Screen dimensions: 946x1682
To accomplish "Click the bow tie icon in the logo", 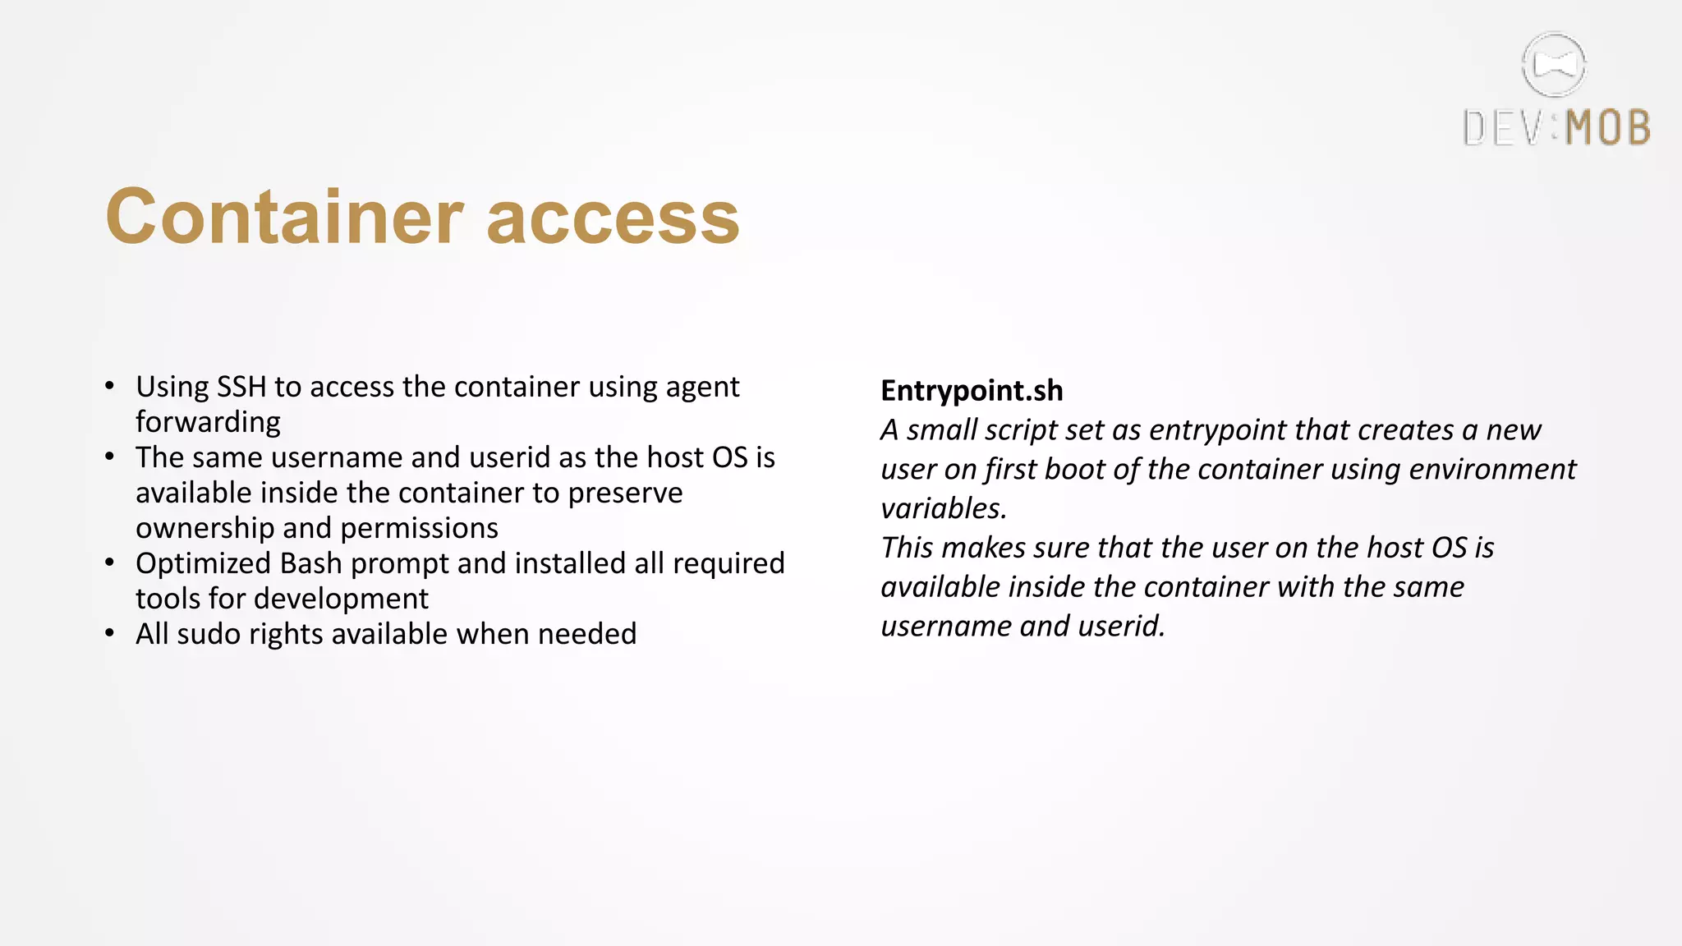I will pos(1554,64).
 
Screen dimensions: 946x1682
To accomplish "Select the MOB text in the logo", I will pos(1608,129).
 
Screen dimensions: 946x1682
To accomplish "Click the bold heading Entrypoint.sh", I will pos(972,391).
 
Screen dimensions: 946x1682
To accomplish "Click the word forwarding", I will pos(208,422).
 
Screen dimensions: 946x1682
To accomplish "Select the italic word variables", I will pos(943,508).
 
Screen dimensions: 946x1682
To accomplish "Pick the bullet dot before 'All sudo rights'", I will pos(110,633).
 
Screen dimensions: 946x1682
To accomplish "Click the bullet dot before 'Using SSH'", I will pos(110,386).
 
